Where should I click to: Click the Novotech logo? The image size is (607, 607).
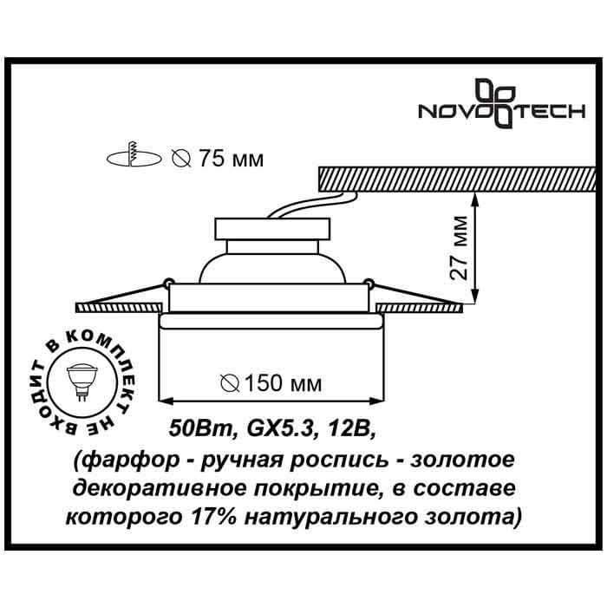[x=502, y=103]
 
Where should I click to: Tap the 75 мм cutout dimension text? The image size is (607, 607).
[x=232, y=159]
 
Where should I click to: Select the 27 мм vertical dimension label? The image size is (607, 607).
[x=459, y=247]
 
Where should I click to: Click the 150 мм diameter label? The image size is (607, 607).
[x=284, y=383]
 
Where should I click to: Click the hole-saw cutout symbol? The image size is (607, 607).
[x=134, y=155]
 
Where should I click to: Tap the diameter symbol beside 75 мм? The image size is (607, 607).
[x=181, y=159]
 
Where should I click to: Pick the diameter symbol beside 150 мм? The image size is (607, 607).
[x=231, y=383]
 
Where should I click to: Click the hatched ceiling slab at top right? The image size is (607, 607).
[x=457, y=178]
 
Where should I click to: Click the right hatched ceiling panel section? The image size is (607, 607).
[x=420, y=308]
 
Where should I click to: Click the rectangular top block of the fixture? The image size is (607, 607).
[x=272, y=229]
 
